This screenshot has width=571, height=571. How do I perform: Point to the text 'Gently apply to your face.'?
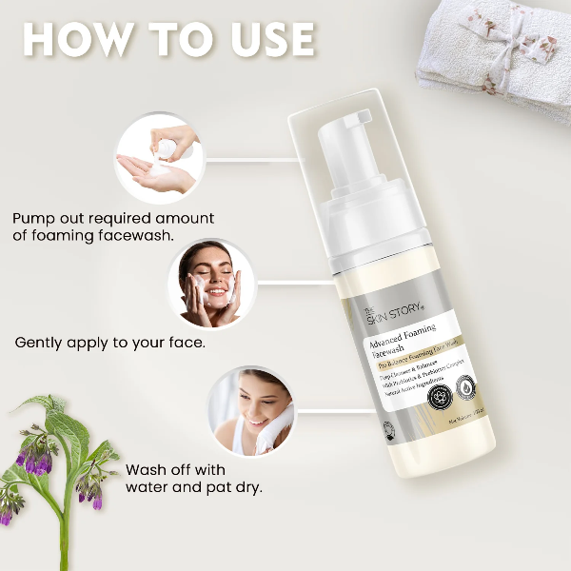coord(109,342)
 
